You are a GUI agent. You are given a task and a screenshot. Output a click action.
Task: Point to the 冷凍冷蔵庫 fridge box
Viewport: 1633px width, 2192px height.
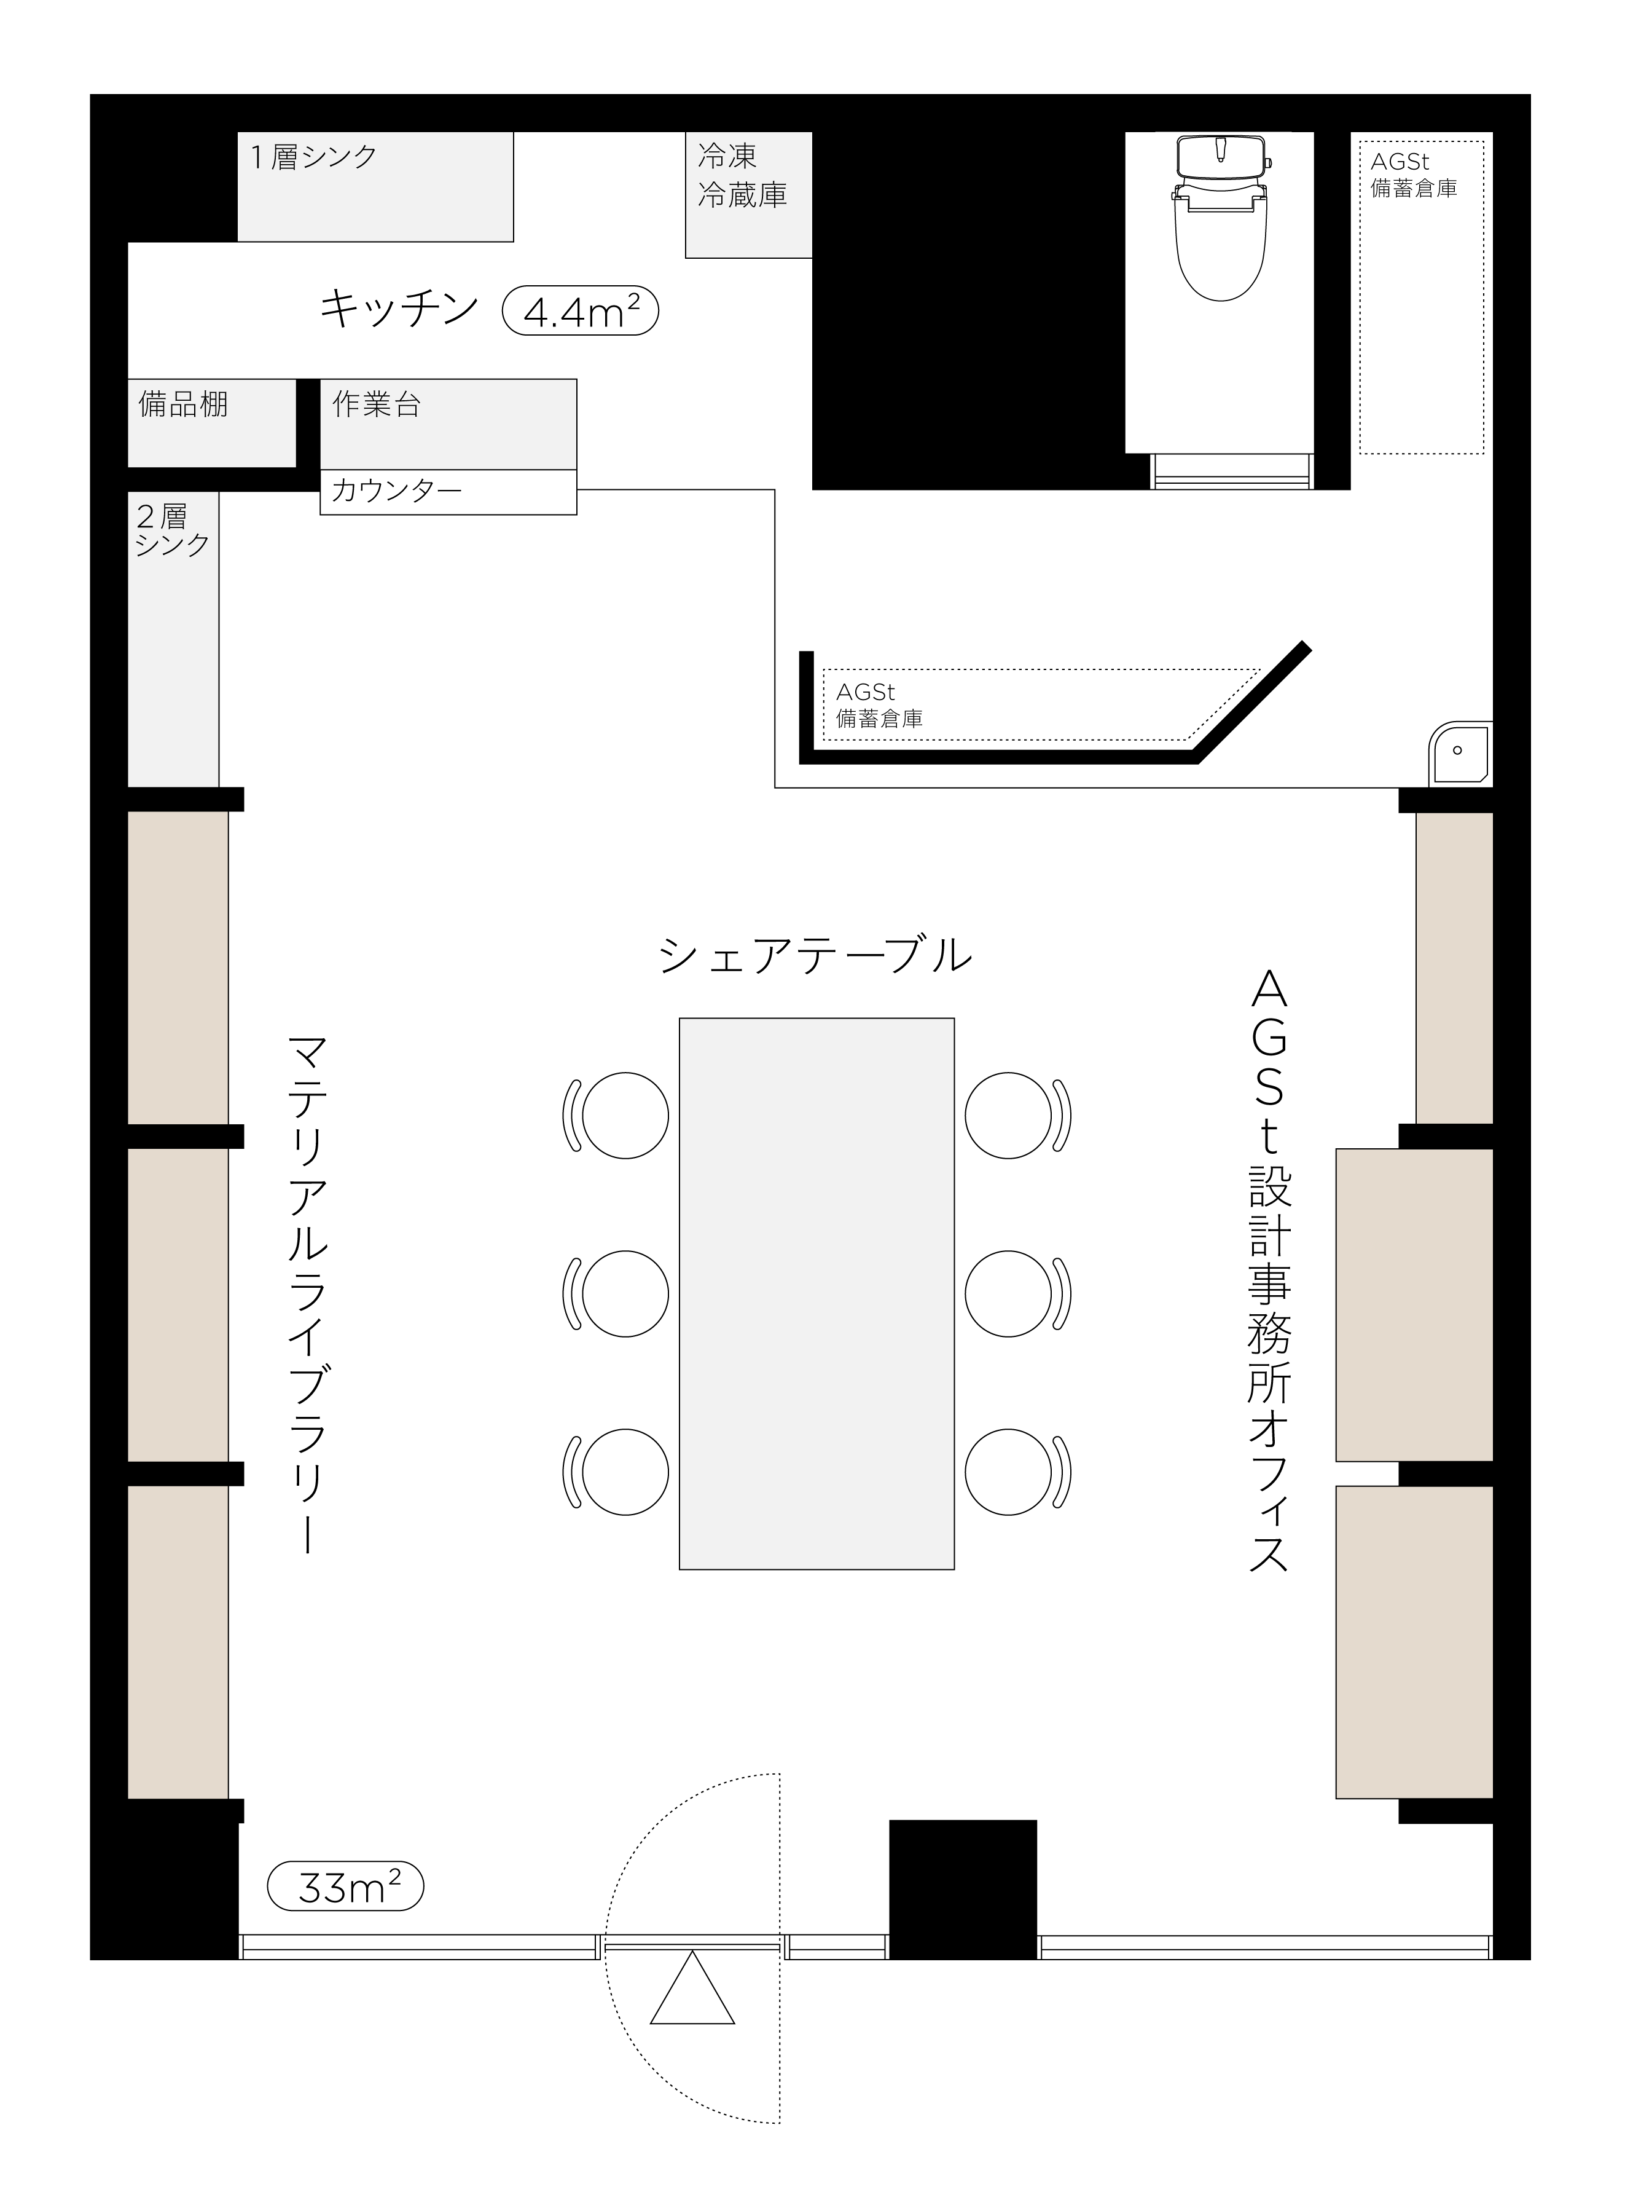(x=750, y=195)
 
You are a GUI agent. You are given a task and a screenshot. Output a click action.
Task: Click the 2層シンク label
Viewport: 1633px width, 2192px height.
(x=172, y=530)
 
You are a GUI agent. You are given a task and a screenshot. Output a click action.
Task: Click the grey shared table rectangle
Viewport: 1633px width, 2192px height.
(x=816, y=1293)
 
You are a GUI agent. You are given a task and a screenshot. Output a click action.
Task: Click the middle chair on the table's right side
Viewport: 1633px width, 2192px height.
(x=1018, y=1293)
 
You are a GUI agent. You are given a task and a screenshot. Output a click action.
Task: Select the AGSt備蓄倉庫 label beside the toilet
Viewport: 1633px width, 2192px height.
(x=1414, y=174)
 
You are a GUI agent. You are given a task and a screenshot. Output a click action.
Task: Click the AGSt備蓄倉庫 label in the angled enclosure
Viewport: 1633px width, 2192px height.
(x=879, y=705)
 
